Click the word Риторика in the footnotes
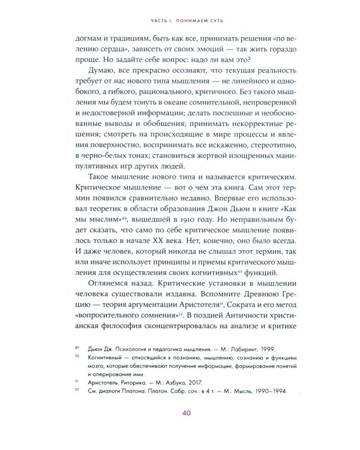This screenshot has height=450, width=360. pyautogui.click(x=125, y=400)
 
